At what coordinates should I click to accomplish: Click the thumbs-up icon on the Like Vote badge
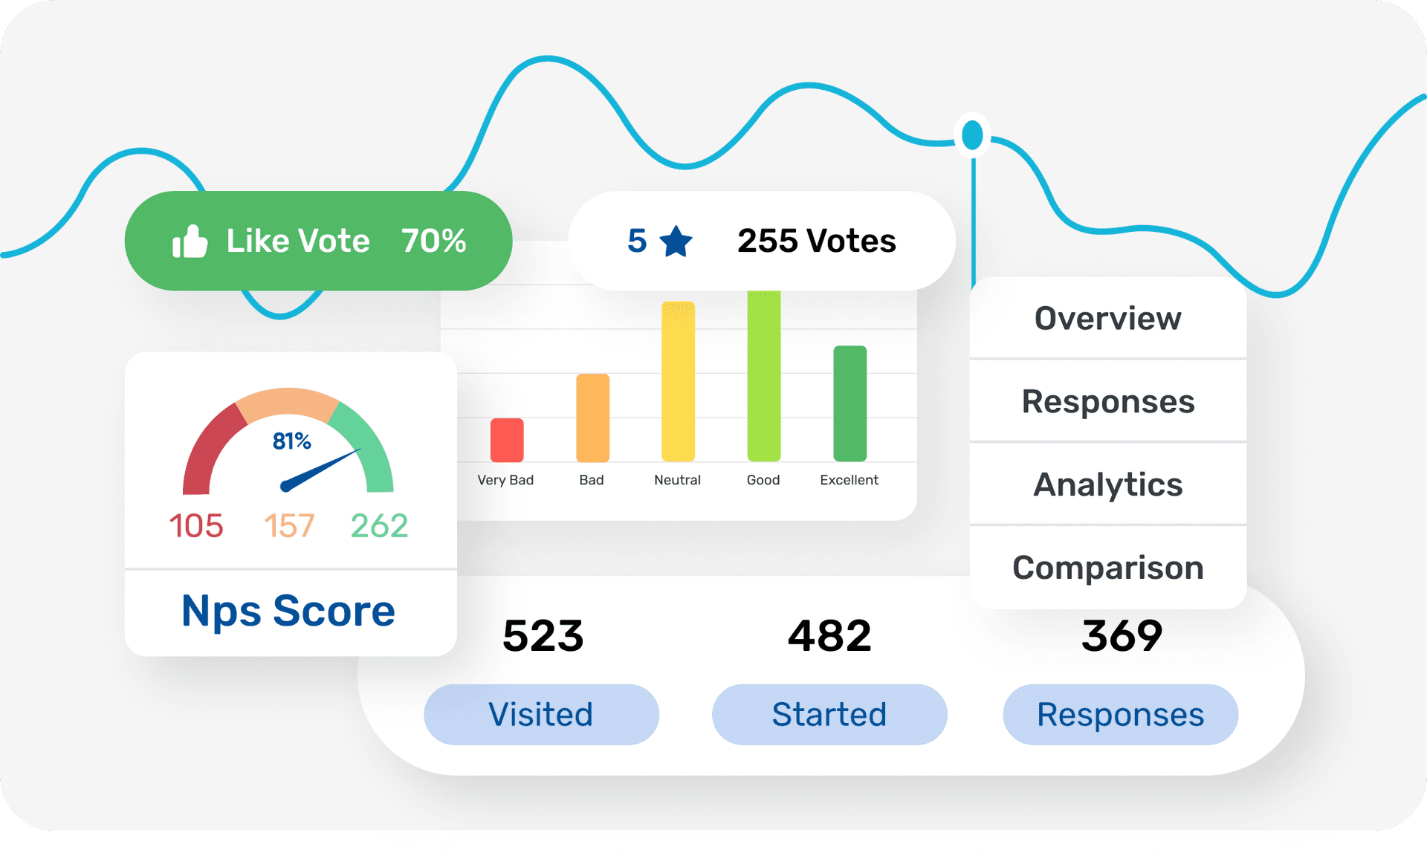190,241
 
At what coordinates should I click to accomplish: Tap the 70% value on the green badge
434,241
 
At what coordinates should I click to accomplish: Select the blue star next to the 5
676,241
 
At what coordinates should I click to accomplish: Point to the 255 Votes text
816,241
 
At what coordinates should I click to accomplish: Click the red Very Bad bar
507,440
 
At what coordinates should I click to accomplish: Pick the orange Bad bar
592,418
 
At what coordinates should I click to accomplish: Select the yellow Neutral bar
678,381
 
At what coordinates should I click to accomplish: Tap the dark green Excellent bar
850,403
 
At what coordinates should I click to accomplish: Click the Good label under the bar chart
763,480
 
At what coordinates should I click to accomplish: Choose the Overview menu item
1107,319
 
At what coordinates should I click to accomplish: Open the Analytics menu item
1107,484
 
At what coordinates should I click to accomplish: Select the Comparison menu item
1107,568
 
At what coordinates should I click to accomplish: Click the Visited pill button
541,715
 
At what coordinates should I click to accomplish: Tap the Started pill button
829,715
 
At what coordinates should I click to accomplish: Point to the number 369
1122,636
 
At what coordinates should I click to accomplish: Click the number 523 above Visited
543,636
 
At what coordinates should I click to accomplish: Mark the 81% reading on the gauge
291,441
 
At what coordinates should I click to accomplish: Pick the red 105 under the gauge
196,526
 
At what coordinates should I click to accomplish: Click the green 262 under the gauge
379,526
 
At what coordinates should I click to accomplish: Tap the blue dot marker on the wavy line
972,135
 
